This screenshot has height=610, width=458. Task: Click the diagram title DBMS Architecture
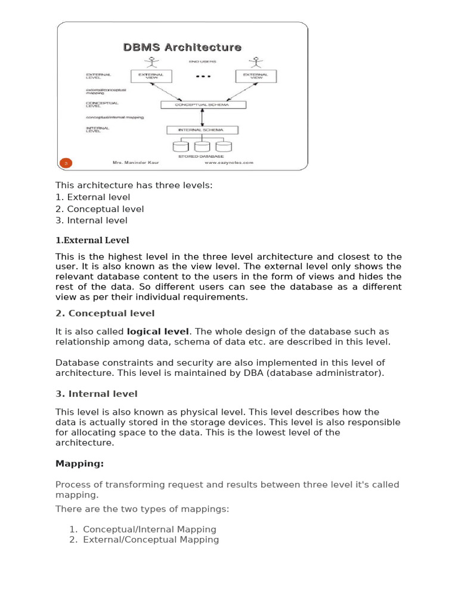tap(182, 47)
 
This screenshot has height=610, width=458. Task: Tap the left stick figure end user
tap(151, 62)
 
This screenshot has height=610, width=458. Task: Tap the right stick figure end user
tap(256, 62)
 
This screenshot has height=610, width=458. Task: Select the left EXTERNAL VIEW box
tap(151, 76)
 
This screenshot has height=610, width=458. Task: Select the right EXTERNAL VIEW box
tap(256, 76)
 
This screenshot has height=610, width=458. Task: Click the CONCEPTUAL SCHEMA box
tap(203, 105)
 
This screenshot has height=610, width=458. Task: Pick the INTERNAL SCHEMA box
tap(202, 130)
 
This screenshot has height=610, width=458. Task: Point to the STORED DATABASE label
tap(201, 156)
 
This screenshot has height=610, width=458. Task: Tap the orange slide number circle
tap(67, 162)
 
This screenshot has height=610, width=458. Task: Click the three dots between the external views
tap(203, 76)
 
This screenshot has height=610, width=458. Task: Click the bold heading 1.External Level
tap(92, 240)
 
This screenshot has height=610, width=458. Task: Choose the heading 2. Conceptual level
tap(105, 313)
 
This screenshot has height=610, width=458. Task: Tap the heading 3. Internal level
tap(97, 394)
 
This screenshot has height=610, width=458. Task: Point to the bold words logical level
tap(157, 331)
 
